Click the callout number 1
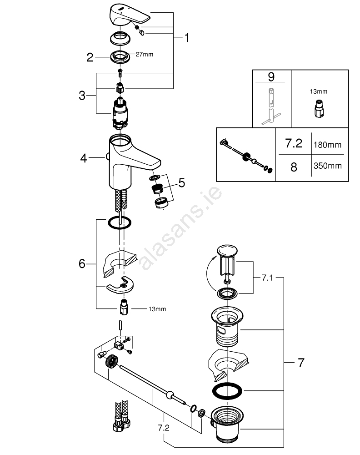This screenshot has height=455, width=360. [x=186, y=38]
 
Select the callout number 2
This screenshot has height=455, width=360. [x=90, y=57]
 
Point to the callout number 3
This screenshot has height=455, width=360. [x=82, y=96]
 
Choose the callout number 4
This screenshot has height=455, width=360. [x=83, y=158]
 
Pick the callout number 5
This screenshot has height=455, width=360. [x=181, y=183]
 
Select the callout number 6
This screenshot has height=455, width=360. [x=82, y=263]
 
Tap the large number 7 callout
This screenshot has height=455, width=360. [x=300, y=363]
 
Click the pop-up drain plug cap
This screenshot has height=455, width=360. [x=227, y=249]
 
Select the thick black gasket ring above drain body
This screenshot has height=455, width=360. [x=227, y=390]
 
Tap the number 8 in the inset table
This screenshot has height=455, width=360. [x=293, y=167]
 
